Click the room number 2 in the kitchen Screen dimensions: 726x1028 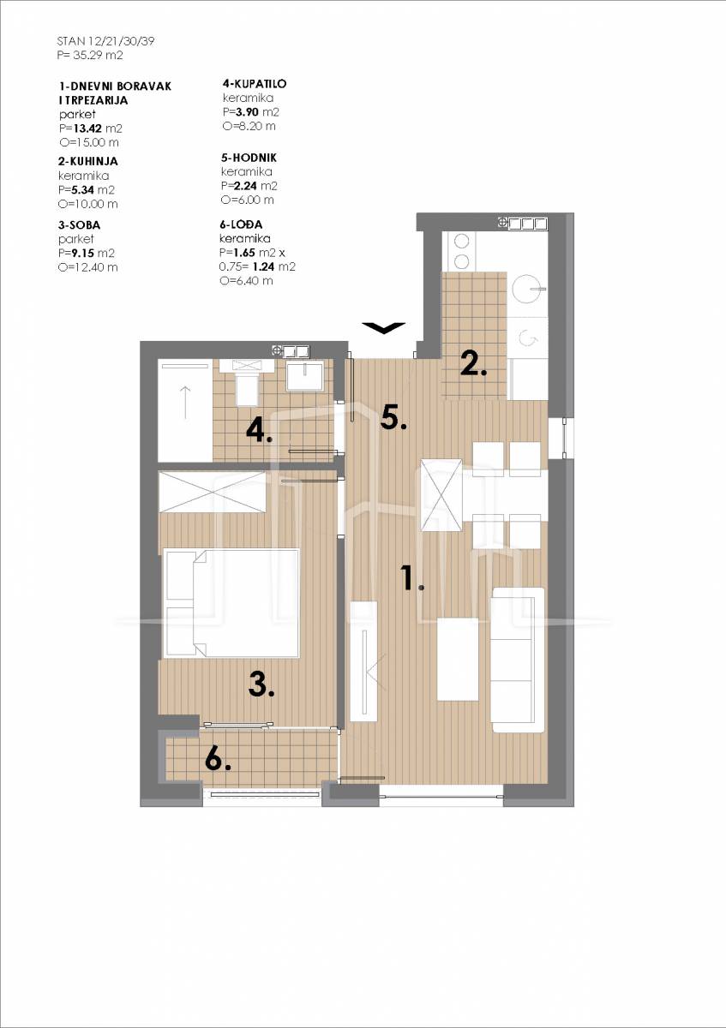pos(473,364)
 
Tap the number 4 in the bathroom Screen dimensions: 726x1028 pos(259,431)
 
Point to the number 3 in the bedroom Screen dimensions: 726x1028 pos(261,684)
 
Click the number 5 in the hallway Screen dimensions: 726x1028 pos(393,418)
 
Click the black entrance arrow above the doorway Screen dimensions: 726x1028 pos(383,327)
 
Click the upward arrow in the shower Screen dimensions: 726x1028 pos(184,403)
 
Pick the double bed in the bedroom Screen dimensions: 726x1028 pos(231,603)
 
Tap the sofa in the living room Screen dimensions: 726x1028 pos(518,660)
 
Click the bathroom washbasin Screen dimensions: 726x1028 pos(305,375)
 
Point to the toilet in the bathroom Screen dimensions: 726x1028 pos(247,382)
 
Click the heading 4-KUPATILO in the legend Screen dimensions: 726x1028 pos(255,84)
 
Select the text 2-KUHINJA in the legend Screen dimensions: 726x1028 pos(88,161)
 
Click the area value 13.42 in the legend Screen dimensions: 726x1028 pos(87,128)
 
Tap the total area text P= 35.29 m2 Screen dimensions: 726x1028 pos(90,55)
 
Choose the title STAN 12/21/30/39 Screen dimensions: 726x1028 pos(105,41)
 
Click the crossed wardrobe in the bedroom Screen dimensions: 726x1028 pos(213,492)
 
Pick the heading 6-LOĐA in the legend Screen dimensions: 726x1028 pos(241,224)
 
